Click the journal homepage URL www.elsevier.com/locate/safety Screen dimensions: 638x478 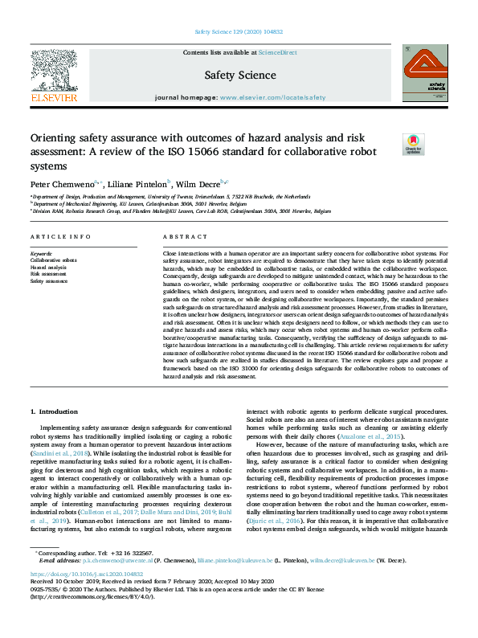tap(272, 97)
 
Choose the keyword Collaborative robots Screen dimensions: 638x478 tap(53, 260)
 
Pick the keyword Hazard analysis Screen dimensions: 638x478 tap(48, 267)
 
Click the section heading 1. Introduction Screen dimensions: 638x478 tap(55, 411)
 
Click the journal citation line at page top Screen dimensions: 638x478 tap(238, 33)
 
